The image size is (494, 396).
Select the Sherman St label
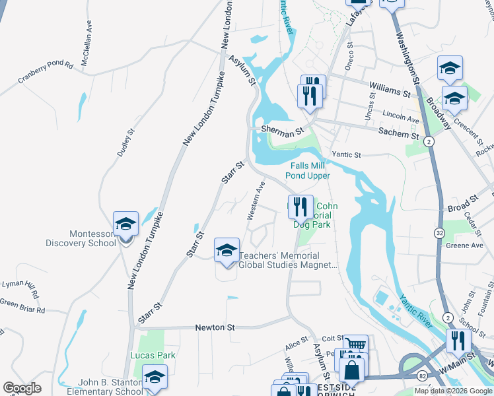click(x=281, y=131)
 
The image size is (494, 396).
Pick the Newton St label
click(x=215, y=327)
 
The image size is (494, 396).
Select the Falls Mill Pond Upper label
click(x=307, y=170)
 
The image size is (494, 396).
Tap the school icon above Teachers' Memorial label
click(x=227, y=250)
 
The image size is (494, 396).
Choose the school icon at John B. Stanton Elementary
click(x=155, y=377)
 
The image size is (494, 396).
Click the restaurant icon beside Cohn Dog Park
click(x=301, y=207)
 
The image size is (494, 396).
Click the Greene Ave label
click(x=465, y=246)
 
